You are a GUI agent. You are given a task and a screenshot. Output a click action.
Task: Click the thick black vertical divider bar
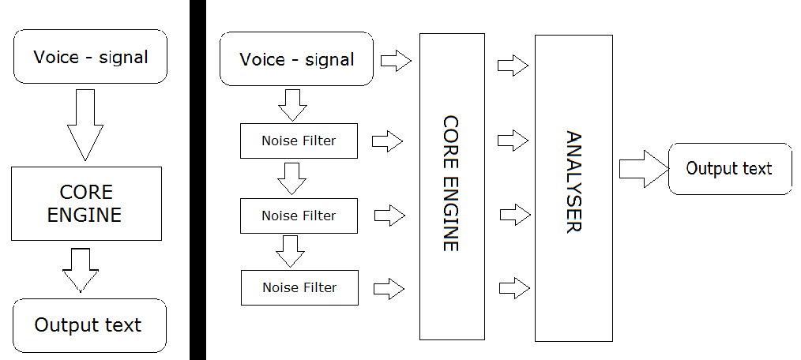point(197,180)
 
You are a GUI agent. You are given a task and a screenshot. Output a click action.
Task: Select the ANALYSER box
point(573,188)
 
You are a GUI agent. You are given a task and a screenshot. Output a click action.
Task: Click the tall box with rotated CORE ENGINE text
point(451,186)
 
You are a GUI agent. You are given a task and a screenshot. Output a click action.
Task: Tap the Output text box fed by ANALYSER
point(730,169)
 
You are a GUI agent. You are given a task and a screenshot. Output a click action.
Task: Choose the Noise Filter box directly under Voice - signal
point(299,141)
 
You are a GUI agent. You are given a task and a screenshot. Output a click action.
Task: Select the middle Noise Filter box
point(299,216)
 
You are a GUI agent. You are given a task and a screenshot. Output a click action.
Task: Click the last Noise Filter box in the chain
point(299,287)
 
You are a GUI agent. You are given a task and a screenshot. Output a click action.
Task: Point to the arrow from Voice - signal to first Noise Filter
point(292,104)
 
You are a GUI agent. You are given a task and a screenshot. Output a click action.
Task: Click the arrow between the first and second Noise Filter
point(292,179)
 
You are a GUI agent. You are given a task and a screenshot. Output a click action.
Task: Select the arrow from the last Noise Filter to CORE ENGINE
point(389,287)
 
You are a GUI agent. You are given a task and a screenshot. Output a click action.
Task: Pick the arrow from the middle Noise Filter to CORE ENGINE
point(389,215)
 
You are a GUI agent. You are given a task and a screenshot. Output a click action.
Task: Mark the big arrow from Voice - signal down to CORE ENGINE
point(86,124)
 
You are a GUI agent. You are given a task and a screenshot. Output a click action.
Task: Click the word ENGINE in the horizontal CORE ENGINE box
point(85,215)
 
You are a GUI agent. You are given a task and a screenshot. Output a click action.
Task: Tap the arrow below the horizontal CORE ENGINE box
point(81,269)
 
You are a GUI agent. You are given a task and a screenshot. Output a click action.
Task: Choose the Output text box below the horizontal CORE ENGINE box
point(89,325)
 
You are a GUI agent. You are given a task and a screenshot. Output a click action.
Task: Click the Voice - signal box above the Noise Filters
point(296,58)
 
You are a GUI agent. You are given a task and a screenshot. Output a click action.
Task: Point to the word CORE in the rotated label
point(451,138)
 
